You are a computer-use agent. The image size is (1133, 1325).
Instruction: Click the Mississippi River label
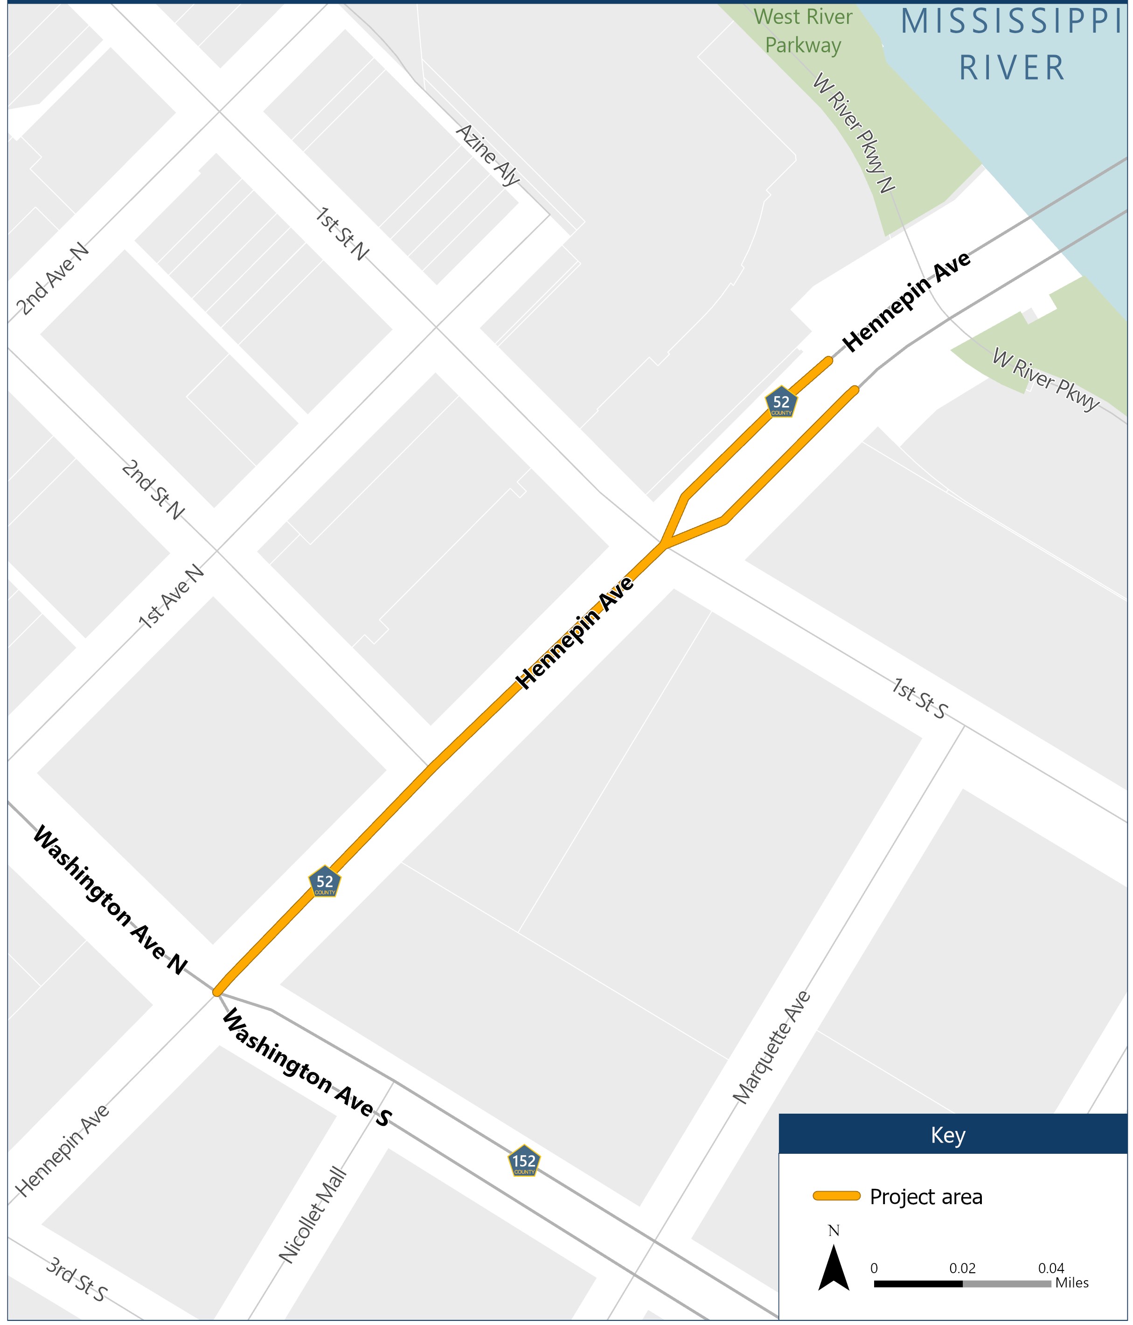[x=1012, y=45]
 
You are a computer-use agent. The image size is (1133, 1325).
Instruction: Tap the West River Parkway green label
[x=803, y=31]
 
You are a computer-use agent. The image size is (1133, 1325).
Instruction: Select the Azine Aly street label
[x=487, y=155]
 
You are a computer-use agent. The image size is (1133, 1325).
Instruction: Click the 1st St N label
[x=341, y=233]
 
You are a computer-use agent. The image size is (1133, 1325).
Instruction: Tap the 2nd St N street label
[x=153, y=490]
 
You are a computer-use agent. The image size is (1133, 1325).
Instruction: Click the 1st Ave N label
[x=171, y=597]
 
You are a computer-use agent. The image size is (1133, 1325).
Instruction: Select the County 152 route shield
[x=524, y=1161]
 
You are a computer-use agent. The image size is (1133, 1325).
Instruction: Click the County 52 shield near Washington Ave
[x=325, y=883]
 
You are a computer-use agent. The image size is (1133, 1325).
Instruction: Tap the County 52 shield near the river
[x=781, y=403]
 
